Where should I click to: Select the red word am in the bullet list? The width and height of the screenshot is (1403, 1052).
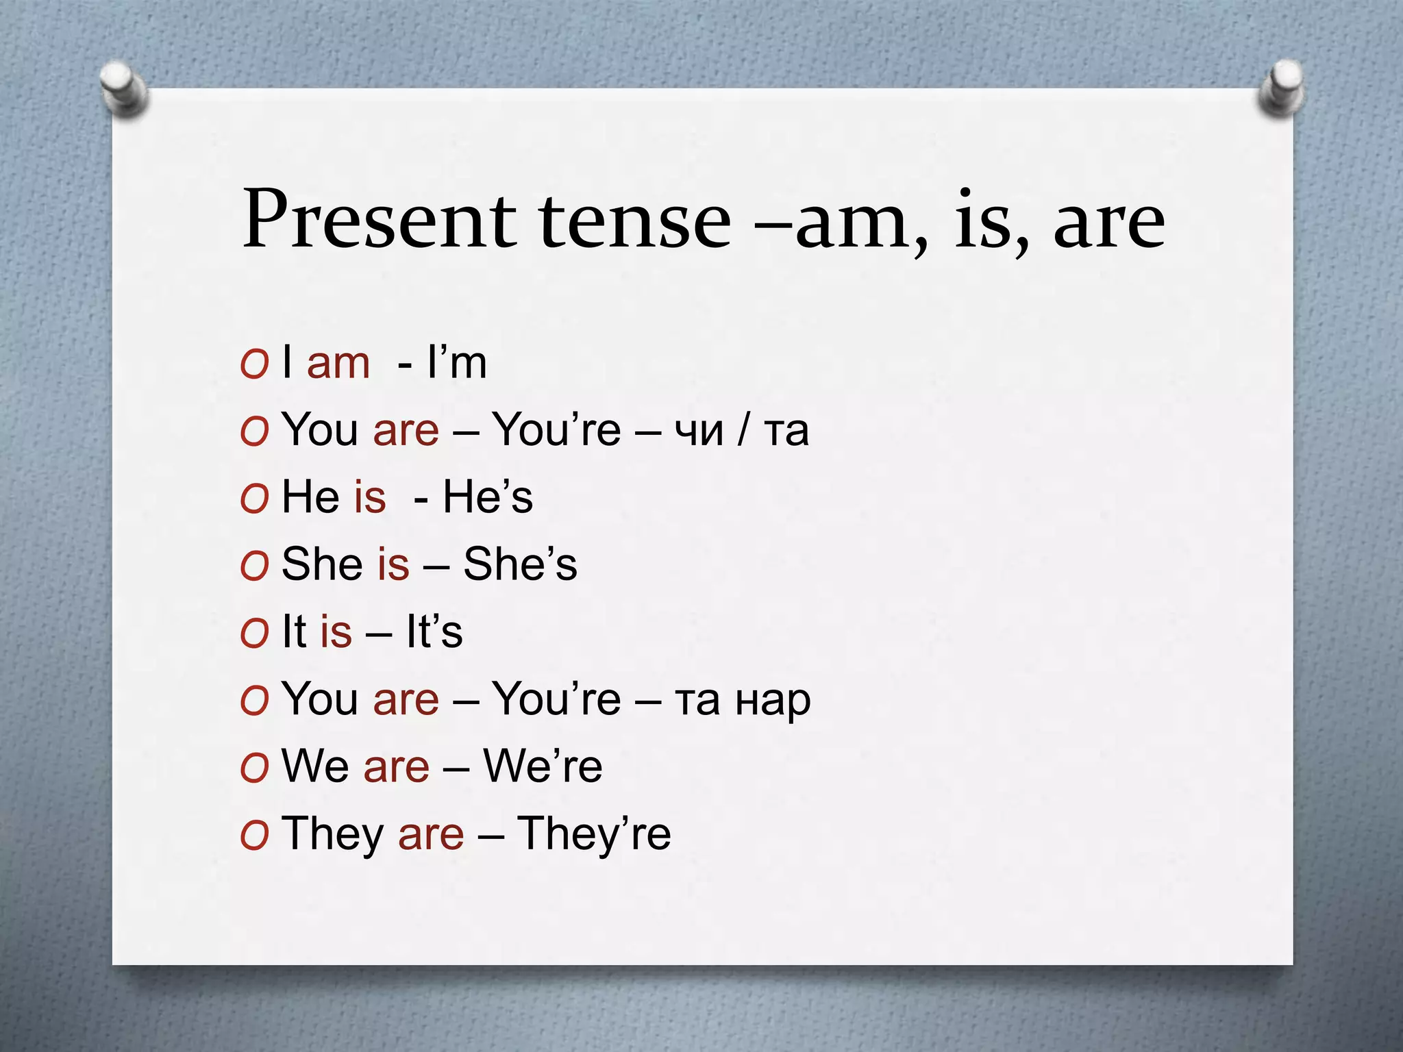pyautogui.click(x=338, y=363)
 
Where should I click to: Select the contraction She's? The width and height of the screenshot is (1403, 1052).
pyautogui.click(x=520, y=564)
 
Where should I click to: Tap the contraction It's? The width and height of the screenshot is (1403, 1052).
pyautogui.click(x=434, y=631)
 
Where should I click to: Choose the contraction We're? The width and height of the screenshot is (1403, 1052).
pyautogui.click(x=543, y=766)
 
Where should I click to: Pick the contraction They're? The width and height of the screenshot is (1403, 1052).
pyautogui.click(x=593, y=834)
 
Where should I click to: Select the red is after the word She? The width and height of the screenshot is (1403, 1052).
pyautogui.click(x=393, y=564)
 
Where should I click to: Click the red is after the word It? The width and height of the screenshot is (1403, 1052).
pyautogui.click(x=336, y=631)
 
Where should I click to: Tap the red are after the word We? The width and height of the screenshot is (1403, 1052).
pyautogui.click(x=396, y=766)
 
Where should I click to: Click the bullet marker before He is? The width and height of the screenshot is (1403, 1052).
pyautogui.click(x=254, y=499)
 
